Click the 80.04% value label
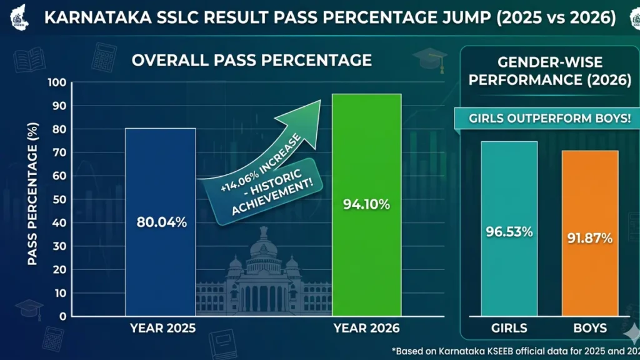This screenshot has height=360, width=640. coord(161,222)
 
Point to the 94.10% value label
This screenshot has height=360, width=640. coord(366,204)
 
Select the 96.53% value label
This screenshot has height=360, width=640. coord(509,232)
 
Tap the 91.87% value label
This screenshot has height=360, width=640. coord(590,238)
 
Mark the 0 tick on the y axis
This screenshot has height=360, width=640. coord(61,316)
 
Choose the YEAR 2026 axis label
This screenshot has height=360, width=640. coord(366,328)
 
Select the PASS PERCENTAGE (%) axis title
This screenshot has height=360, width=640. coord(31,199)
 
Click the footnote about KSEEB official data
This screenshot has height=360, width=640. coord(512,350)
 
